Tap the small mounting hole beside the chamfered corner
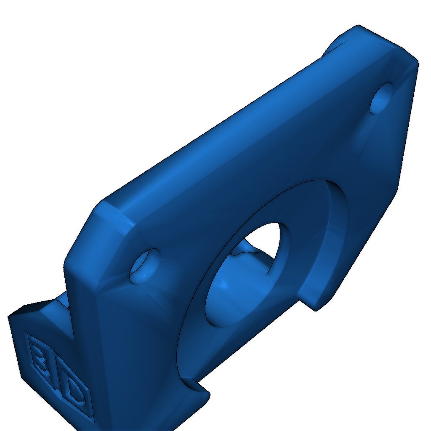pyautogui.click(x=144, y=266)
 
